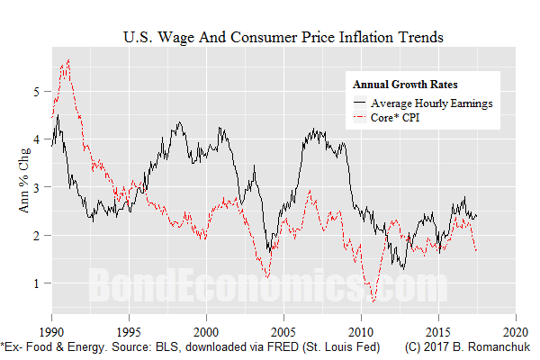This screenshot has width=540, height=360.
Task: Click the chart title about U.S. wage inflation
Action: tap(282, 38)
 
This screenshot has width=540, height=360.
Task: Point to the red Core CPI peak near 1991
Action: tap(68, 60)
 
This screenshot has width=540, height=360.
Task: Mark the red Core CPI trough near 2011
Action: tap(373, 301)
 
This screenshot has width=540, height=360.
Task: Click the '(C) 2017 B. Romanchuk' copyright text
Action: tap(467, 346)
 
